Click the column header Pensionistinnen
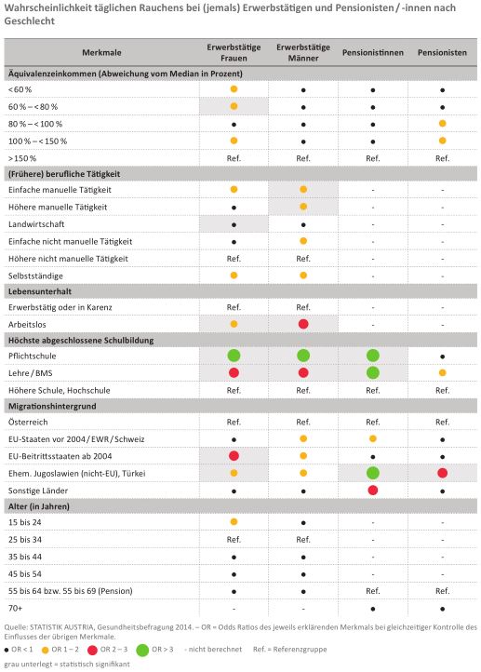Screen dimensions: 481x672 pyautogui.click(x=373, y=53)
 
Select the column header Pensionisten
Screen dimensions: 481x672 pyautogui.click(x=442, y=53)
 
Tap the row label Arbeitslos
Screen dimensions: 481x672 pyautogui.click(x=27, y=325)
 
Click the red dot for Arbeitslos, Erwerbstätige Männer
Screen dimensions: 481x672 pyautogui.click(x=303, y=324)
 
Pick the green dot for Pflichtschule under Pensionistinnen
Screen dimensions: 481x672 pyautogui.click(x=373, y=356)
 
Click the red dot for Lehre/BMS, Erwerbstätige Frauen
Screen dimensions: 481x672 pyautogui.click(x=234, y=373)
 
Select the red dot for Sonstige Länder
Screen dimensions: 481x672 pyautogui.click(x=373, y=491)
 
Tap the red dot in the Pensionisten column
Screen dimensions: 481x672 pyautogui.click(x=443, y=473)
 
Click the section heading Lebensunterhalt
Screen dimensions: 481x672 pyautogui.click(x=40, y=291)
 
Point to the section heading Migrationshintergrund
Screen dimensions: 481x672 pyautogui.click(x=52, y=407)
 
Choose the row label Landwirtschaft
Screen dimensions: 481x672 pyautogui.click(x=36, y=224)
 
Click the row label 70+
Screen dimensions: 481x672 pyautogui.click(x=16, y=608)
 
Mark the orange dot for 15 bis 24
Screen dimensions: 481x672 pyautogui.click(x=234, y=521)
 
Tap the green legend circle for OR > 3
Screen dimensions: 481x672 pyautogui.click(x=142, y=651)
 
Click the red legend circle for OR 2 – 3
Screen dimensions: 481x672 pyautogui.click(x=92, y=651)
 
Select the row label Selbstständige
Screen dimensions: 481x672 pyautogui.click(x=35, y=276)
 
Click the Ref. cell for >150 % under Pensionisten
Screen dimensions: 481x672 pyautogui.click(x=443, y=158)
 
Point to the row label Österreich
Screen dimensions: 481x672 pyautogui.click(x=28, y=423)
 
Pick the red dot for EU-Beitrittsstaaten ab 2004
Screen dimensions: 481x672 pyautogui.click(x=234, y=456)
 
